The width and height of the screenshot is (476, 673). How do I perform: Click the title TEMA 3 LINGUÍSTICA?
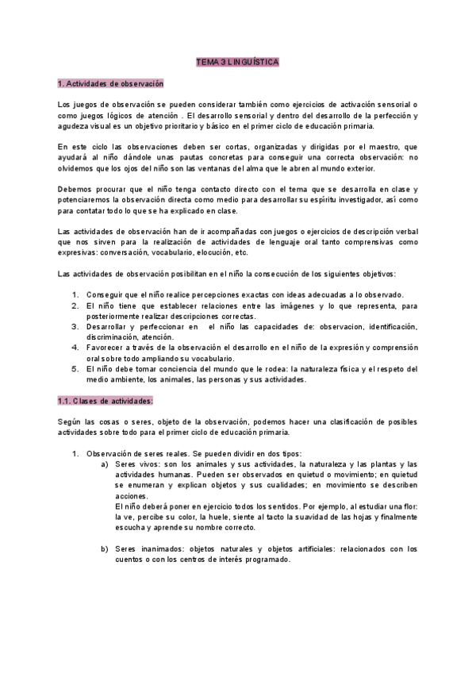237,62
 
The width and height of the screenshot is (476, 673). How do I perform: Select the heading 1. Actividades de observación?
110,83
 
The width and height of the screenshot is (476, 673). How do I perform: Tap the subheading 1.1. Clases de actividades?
106,400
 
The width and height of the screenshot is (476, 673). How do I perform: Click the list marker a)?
105,463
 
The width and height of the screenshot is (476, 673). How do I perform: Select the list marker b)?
105,548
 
